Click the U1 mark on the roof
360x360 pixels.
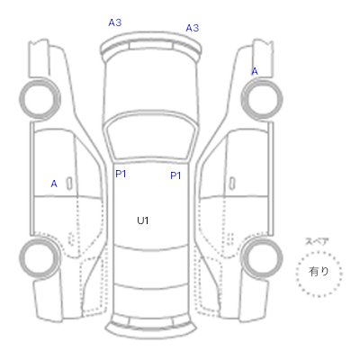pos(143,220)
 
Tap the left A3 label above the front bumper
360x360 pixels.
pos(115,22)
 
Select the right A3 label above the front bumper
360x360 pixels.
pos(193,28)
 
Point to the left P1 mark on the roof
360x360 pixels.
pos(121,174)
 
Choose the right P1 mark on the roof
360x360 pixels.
pos(175,175)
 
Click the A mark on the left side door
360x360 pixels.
pos(54,184)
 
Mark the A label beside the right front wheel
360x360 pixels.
pos(255,71)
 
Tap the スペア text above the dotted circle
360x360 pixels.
pos(317,241)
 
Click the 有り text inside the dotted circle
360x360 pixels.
pos(319,272)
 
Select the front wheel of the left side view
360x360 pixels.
pos(40,98)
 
